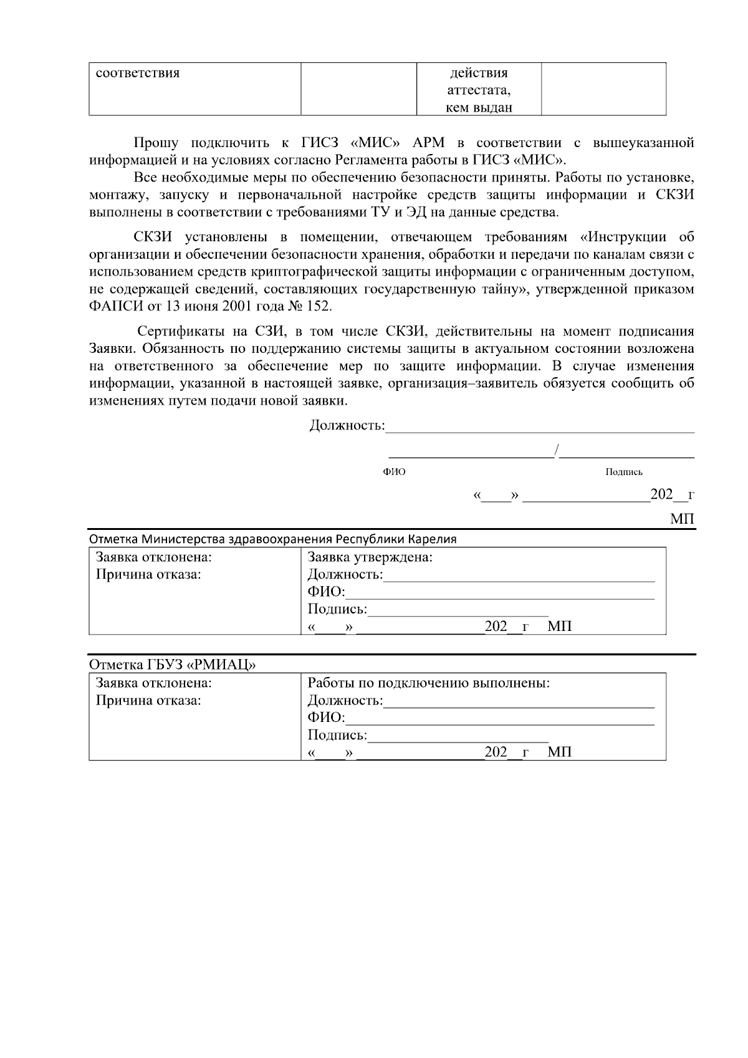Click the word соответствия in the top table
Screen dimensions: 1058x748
(137, 73)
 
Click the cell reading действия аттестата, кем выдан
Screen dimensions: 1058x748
(479, 90)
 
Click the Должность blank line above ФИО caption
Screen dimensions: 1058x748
(539, 428)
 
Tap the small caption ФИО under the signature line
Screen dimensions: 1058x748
(394, 472)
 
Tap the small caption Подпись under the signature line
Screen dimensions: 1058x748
(624, 472)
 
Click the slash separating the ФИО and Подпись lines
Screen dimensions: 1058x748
(557, 450)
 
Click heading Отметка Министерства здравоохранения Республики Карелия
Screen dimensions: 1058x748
(272, 539)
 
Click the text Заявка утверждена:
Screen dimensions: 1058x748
(370, 557)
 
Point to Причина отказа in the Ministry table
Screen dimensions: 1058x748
(148, 574)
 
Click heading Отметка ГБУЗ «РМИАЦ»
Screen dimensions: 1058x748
(173, 665)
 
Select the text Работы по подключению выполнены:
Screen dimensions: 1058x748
(429, 683)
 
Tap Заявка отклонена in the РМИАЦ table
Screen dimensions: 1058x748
(153, 683)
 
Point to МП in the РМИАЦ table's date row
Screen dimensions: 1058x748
(559, 752)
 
